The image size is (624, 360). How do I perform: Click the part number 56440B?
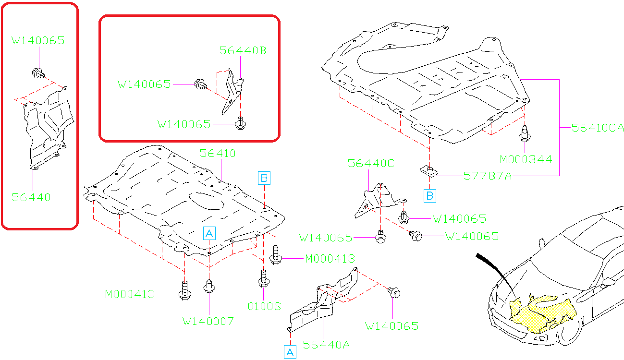click(x=243, y=50)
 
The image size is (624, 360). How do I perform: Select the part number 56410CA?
click(x=597, y=128)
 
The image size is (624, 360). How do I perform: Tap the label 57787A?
click(x=487, y=176)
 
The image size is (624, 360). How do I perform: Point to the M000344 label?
click(x=526, y=159)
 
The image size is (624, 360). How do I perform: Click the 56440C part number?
click(x=371, y=164)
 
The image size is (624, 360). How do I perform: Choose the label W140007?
click(x=208, y=321)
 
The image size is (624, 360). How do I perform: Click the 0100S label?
click(x=264, y=306)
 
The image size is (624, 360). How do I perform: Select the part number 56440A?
click(x=326, y=345)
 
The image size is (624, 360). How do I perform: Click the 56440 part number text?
click(x=31, y=197)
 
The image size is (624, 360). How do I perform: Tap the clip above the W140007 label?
click(x=209, y=286)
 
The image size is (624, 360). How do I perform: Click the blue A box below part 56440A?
click(x=290, y=351)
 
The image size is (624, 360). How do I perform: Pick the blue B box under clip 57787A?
click(x=430, y=195)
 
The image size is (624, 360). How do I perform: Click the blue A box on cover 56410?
click(x=209, y=233)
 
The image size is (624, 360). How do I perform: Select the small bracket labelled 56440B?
click(x=232, y=91)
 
